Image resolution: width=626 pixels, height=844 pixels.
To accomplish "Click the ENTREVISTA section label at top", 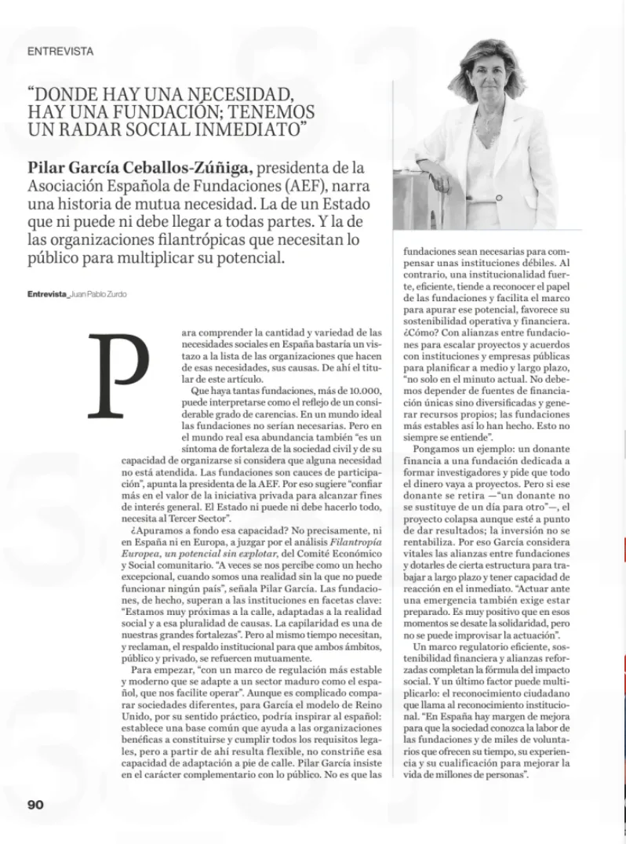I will click(x=60, y=51).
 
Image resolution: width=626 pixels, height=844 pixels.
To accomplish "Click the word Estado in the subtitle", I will click(x=346, y=205).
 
